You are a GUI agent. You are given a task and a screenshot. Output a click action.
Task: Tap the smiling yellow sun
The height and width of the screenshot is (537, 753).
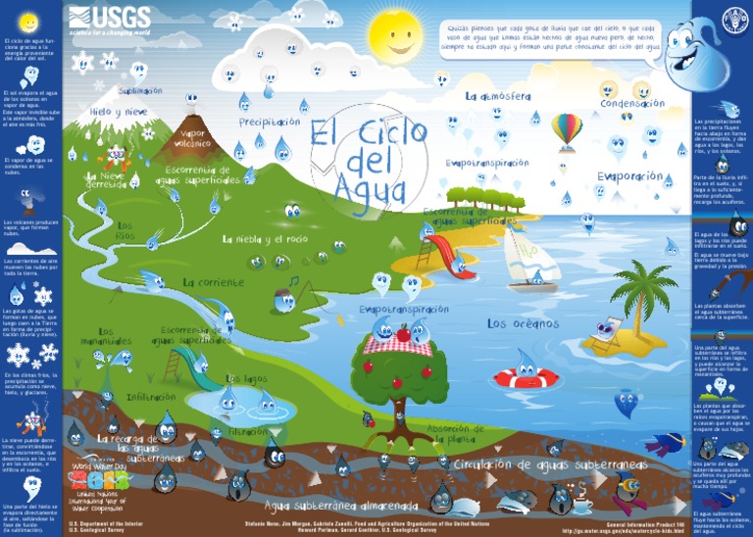[x=398, y=37]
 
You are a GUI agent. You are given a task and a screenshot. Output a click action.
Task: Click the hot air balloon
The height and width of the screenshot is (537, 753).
[x=566, y=130]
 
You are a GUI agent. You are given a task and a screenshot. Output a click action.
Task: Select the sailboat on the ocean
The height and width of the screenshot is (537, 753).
[x=528, y=258]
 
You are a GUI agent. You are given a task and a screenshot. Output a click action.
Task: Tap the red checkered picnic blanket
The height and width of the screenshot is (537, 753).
[x=398, y=343]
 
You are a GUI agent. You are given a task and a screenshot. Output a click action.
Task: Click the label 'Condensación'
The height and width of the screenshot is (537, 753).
[x=631, y=103]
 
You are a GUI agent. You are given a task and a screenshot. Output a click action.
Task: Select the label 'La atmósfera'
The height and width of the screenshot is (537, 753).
[x=498, y=96]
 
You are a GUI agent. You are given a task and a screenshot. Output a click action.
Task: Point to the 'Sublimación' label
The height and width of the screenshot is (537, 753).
[x=140, y=91]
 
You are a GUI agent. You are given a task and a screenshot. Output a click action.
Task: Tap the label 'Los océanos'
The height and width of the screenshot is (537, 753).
[x=523, y=323]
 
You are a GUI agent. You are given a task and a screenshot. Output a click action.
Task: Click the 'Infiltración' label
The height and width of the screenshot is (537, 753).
[x=151, y=398]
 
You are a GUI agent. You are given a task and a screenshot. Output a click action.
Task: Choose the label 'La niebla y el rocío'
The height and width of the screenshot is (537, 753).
[x=265, y=239]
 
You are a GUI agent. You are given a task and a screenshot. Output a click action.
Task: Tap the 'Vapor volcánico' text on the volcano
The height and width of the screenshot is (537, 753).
[x=191, y=138]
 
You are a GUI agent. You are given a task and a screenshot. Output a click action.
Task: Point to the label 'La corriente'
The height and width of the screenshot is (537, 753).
[x=213, y=282]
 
